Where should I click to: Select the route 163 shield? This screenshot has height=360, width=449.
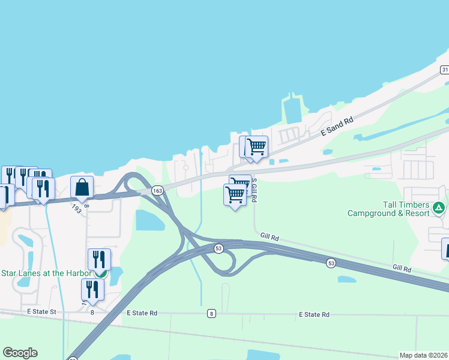coord(157,190)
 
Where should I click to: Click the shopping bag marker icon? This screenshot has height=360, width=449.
coord(82,188)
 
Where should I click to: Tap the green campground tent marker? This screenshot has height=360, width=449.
coord(439,208)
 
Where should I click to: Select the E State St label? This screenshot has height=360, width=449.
coord(41,312)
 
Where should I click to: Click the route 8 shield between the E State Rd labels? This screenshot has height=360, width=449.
coord(211,314)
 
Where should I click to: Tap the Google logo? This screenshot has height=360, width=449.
coord(20,353)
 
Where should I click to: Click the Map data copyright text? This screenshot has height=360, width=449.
coord(423,355)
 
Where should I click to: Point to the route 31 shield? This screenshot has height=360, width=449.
coord(444,70)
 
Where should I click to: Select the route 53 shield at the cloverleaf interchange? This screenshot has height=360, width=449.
coord(218,248)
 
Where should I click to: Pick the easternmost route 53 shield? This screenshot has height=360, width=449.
coord(331,263)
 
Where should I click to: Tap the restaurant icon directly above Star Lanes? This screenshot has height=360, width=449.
coord(99,259)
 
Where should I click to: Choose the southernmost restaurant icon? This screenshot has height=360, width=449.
coord(92,289)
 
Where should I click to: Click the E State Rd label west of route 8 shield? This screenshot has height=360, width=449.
coord(142,313)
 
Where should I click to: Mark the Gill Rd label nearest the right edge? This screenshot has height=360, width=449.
coord(402,268)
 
